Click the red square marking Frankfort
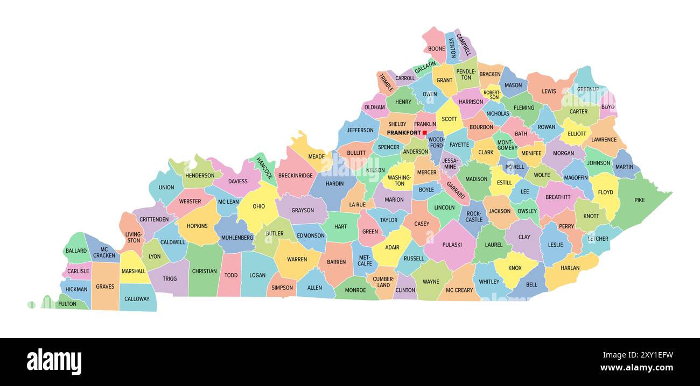tap(424, 133)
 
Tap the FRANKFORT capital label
tap(404, 133)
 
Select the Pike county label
tap(639, 201)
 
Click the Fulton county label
tap(67, 304)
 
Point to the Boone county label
tap(437, 49)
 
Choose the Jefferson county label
tap(360, 130)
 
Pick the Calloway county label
tap(137, 299)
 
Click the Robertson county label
tap(492, 95)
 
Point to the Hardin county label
tap(334, 183)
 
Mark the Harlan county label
tap(570, 268)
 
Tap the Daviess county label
tap(238, 181)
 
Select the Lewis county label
tap(549, 91)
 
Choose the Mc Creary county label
tap(459, 290)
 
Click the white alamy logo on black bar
tap(54, 361)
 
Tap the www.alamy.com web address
tap(636, 368)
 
